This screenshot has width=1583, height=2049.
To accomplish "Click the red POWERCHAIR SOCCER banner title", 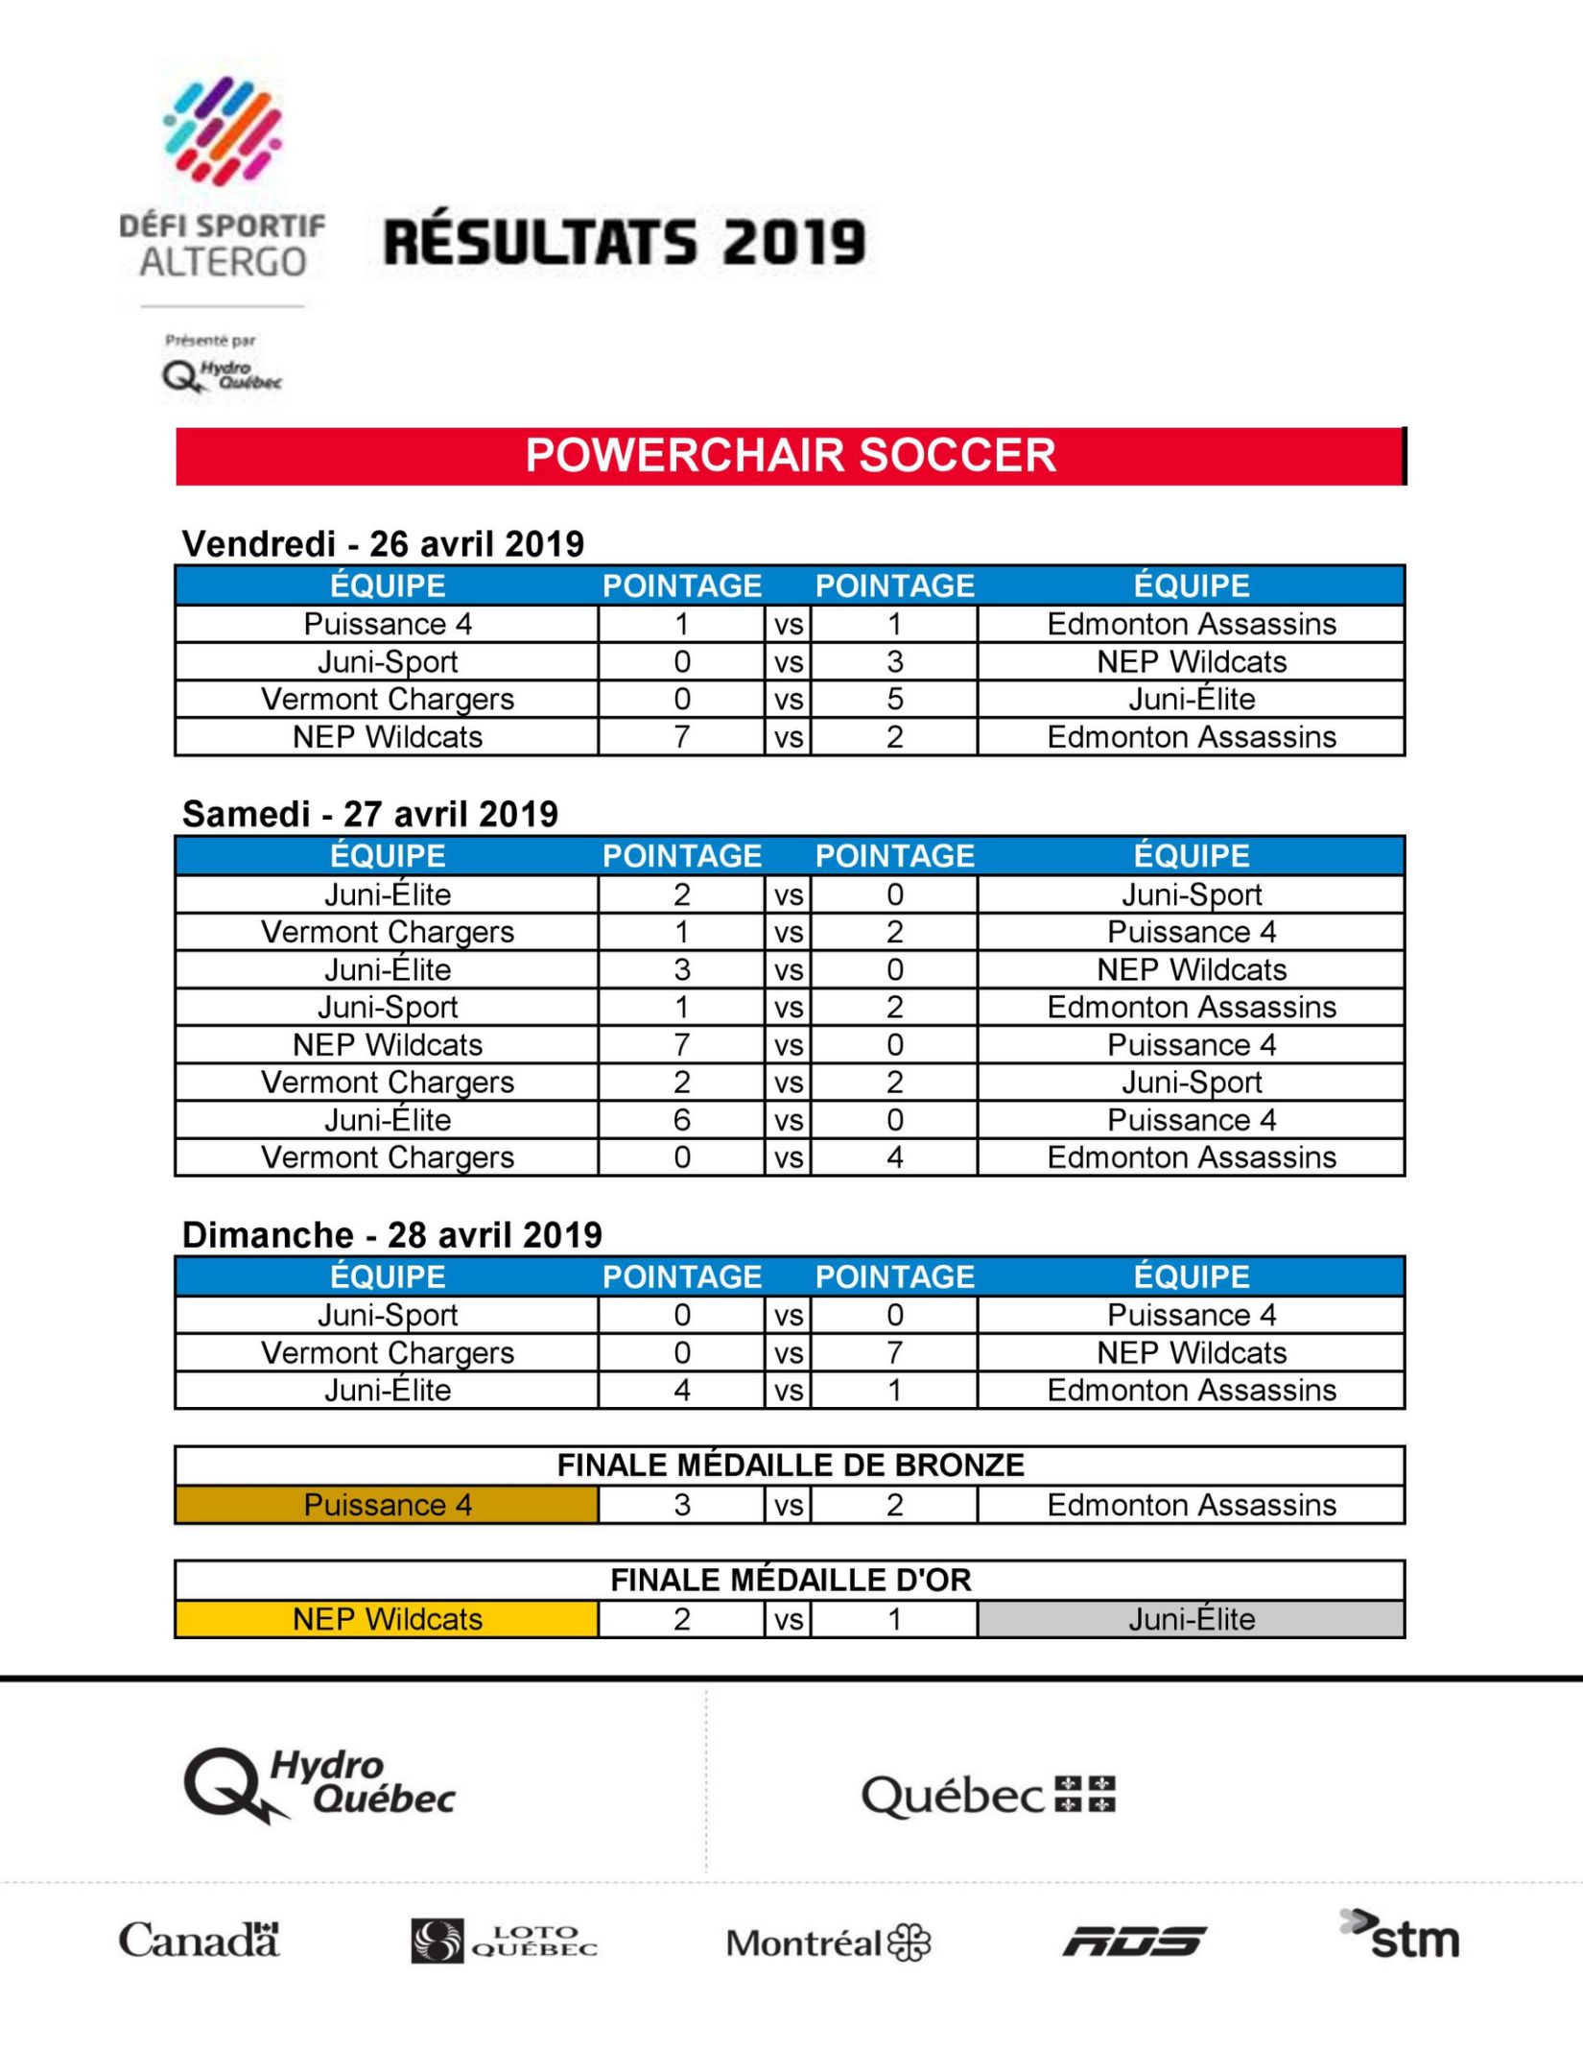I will tap(791, 455).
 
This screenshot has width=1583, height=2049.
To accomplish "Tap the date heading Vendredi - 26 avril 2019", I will tap(383, 544).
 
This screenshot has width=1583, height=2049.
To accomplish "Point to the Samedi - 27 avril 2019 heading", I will tap(370, 814).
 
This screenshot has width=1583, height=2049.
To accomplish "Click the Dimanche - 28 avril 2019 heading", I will tap(392, 1234).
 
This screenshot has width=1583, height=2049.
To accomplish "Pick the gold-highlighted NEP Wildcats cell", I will tap(387, 1619).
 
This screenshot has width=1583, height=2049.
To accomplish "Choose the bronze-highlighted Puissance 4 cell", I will tap(387, 1505).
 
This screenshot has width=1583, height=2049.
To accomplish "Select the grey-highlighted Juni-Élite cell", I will tap(1191, 1619).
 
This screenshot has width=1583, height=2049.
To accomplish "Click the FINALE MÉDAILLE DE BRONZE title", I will tap(791, 1465).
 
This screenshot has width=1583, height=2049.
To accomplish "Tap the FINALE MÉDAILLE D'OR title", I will tap(791, 1580).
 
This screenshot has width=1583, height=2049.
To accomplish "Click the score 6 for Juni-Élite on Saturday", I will tap(682, 1120).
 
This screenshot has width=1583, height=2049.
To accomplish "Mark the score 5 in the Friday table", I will tap(894, 699).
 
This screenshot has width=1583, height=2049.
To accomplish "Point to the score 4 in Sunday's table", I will tap(682, 1390).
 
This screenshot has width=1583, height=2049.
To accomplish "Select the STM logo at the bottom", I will tap(1401, 1937).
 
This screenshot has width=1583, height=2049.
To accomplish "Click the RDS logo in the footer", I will tap(1135, 1941).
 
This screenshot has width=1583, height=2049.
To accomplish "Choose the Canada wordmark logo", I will tap(199, 1940).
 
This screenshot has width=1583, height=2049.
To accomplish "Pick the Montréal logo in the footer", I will tap(828, 1942).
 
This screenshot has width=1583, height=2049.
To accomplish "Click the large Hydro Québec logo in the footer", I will tap(319, 1786).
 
